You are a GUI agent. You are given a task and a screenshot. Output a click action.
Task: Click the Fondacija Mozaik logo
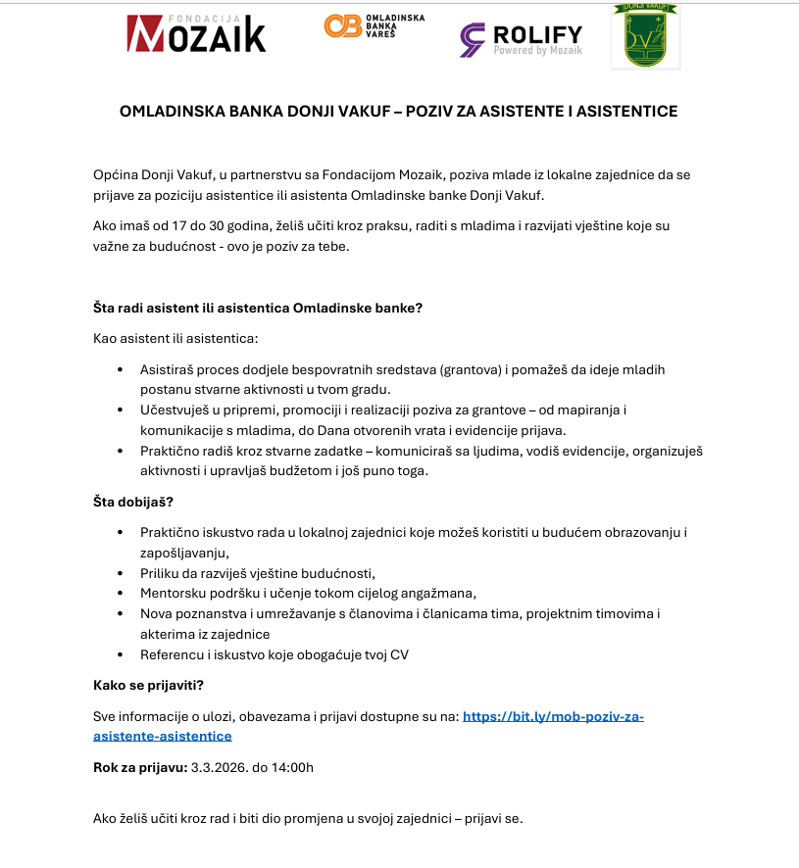pyautogui.click(x=196, y=33)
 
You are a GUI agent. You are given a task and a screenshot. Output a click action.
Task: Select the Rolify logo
pyautogui.click(x=521, y=39)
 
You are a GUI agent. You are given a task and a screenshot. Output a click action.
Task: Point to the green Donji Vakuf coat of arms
pyautogui.click(x=644, y=36)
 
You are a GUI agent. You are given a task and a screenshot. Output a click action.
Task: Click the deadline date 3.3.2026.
pyautogui.click(x=220, y=767)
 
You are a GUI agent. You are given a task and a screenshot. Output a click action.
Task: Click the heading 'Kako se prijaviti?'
pyautogui.click(x=148, y=684)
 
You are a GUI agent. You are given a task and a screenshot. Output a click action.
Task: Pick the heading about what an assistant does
pyautogui.click(x=257, y=308)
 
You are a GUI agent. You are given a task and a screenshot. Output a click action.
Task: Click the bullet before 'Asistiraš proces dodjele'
pyautogui.click(x=120, y=370)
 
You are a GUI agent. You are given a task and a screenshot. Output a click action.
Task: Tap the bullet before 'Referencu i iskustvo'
pyautogui.click(x=120, y=654)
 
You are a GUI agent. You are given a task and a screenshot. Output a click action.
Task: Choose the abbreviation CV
pyautogui.click(x=399, y=654)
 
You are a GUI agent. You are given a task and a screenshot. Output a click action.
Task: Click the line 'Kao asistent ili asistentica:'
pyautogui.click(x=175, y=339)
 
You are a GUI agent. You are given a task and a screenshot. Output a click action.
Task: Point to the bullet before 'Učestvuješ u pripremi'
pyautogui.click(x=120, y=410)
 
